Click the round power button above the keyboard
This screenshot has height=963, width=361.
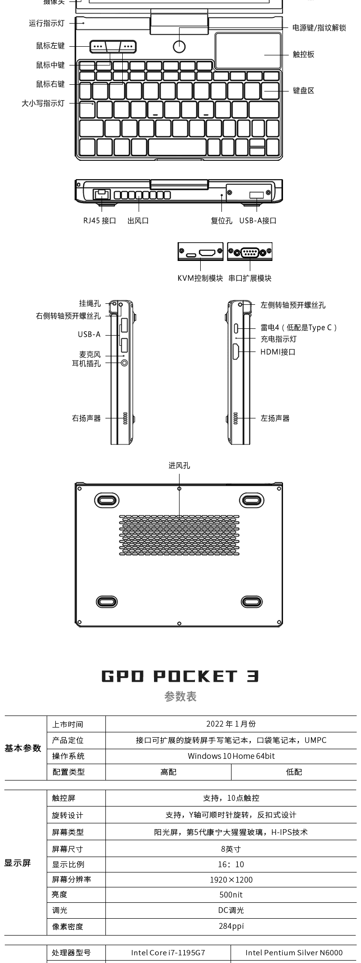click(179, 47)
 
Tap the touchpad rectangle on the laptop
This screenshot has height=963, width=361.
click(248, 51)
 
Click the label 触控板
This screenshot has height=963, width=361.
click(303, 54)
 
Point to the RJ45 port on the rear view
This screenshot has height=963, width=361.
click(102, 194)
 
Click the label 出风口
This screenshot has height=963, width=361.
click(138, 221)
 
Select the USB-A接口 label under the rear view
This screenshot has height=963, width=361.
click(258, 221)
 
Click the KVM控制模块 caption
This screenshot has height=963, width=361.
click(200, 278)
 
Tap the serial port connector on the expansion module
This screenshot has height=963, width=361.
click(250, 251)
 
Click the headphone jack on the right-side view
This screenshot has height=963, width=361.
click(125, 363)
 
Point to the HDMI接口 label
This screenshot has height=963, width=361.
click(278, 352)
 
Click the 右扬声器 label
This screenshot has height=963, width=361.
click(87, 418)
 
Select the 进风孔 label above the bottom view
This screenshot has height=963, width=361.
click(179, 466)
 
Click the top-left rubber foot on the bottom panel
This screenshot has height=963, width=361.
click(107, 499)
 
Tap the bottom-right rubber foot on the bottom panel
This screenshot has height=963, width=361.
click(251, 601)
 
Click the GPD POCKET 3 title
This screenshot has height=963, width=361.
click(180, 676)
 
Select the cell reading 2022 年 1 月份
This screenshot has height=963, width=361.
click(231, 724)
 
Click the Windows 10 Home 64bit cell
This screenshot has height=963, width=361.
click(231, 756)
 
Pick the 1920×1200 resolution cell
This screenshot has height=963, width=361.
click(231, 880)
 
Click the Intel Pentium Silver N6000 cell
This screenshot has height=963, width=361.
click(294, 952)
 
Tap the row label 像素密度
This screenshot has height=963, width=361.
click(68, 926)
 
